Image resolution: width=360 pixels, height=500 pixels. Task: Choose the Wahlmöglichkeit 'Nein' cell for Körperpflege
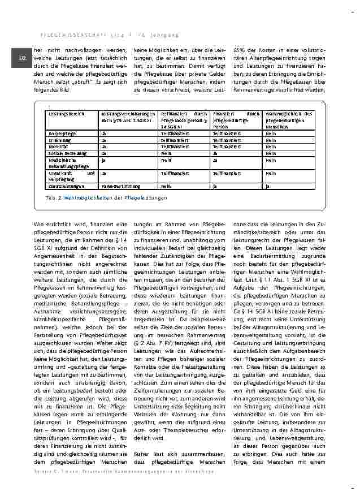coord(271,133)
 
